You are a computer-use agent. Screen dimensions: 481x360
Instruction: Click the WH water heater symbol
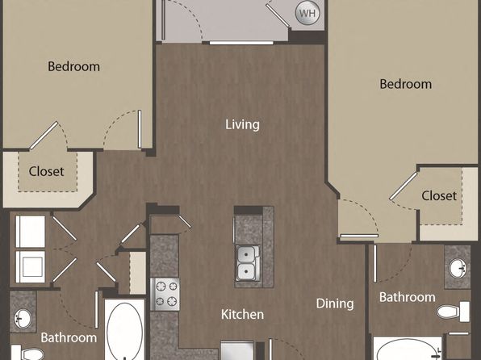[x=307, y=13]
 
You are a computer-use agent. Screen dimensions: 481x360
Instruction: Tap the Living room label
[x=242, y=124]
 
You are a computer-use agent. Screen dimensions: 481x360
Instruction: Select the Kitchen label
[x=242, y=315]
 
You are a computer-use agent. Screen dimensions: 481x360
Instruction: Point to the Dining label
[x=335, y=303]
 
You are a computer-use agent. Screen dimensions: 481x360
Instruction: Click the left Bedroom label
[x=73, y=66]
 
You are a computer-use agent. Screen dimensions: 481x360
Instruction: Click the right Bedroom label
[x=405, y=84]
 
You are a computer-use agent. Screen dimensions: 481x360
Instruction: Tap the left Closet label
[x=46, y=171]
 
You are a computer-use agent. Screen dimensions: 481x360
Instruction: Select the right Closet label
[x=439, y=195]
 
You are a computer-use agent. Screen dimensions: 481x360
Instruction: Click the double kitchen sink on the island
[x=247, y=262]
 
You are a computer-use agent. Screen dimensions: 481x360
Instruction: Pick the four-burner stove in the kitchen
[x=165, y=295]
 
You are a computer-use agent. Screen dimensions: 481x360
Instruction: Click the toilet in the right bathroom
[x=453, y=312]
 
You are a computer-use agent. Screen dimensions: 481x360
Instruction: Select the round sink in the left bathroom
[x=23, y=318]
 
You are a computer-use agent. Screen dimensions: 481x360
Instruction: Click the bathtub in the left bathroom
[x=124, y=329]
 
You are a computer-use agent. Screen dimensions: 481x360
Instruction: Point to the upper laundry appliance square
[x=31, y=232]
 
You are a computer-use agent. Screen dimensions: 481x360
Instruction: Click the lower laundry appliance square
[x=31, y=266]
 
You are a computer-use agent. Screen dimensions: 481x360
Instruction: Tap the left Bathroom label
[x=69, y=337]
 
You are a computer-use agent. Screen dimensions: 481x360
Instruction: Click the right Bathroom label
[x=407, y=297]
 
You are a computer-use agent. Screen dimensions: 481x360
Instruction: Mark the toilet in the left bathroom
[x=27, y=353]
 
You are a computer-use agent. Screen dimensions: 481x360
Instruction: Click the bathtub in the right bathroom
[x=408, y=349]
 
